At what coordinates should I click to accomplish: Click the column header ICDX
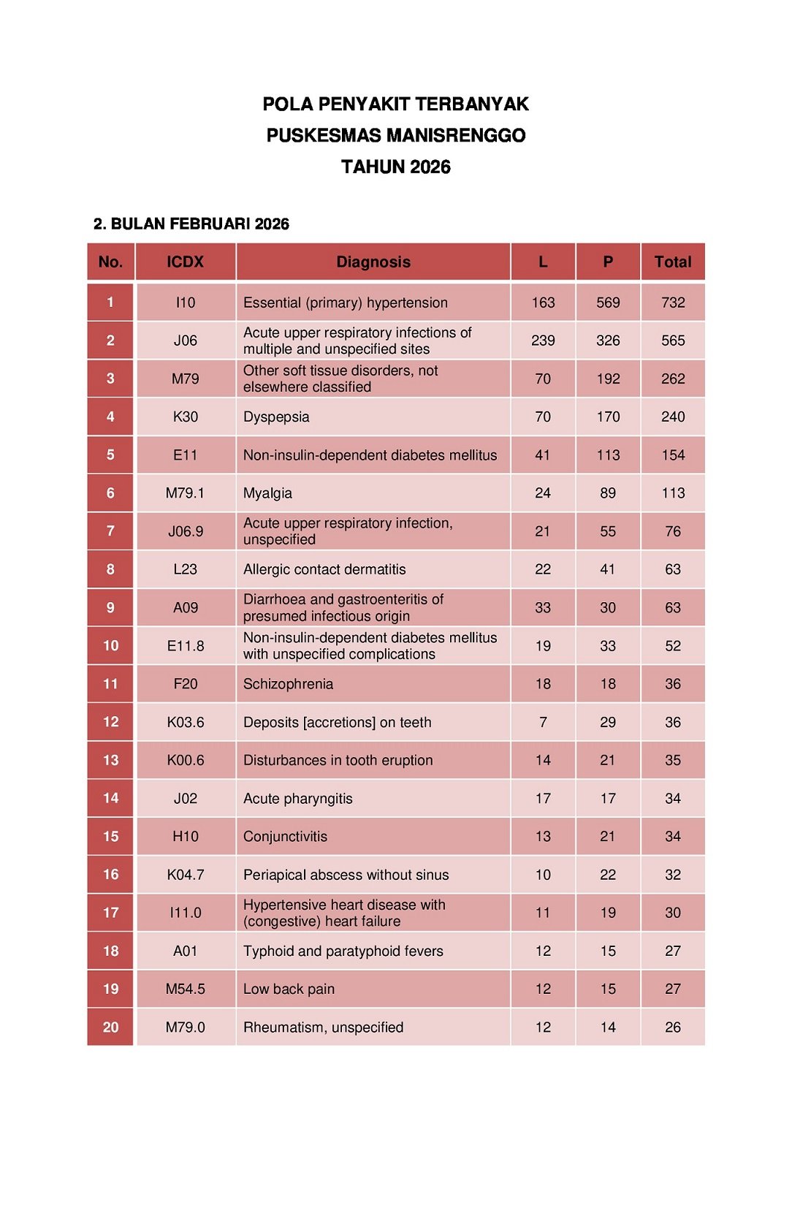pyautogui.click(x=185, y=262)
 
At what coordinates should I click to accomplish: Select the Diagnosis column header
pyautogui.click(x=373, y=262)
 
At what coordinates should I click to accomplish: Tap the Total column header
pyautogui.click(x=672, y=262)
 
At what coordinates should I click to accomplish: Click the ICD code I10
pyautogui.click(x=185, y=303)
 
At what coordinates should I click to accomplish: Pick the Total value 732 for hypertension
pyautogui.click(x=672, y=303)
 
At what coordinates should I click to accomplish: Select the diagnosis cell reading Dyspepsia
pyautogui.click(x=276, y=417)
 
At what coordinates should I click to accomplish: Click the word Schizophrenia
pyautogui.click(x=288, y=684)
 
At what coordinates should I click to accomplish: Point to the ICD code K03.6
pyautogui.click(x=185, y=722)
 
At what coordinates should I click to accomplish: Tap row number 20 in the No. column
pyautogui.click(x=110, y=1027)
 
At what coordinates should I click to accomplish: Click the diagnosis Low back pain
pyautogui.click(x=289, y=989)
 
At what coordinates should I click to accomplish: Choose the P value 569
pyautogui.click(x=608, y=303)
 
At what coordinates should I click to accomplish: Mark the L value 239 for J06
pyautogui.click(x=543, y=341)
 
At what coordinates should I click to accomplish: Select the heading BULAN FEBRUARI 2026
pyautogui.click(x=199, y=224)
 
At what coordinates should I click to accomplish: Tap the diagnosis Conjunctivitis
pyautogui.click(x=285, y=837)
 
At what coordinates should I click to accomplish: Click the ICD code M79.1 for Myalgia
pyautogui.click(x=185, y=493)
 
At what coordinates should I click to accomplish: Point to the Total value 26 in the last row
pyautogui.click(x=672, y=1027)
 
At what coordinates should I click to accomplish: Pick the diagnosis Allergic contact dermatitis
pyautogui.click(x=324, y=569)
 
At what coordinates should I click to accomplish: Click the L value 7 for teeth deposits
pyautogui.click(x=543, y=722)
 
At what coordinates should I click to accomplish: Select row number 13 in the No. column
pyautogui.click(x=110, y=760)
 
